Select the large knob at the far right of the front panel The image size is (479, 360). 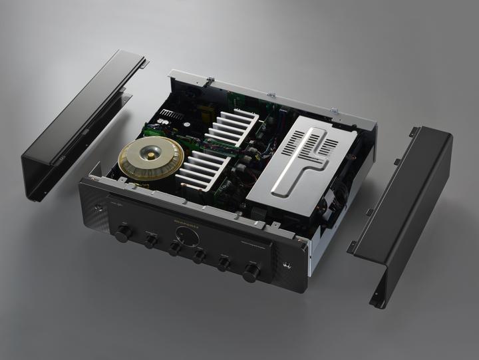pos(251,271)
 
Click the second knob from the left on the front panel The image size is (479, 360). pos(151,241)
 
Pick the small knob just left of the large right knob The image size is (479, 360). pos(224,264)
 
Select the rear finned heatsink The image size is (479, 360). pos(230,126)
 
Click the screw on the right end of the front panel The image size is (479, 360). pos(287,266)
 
